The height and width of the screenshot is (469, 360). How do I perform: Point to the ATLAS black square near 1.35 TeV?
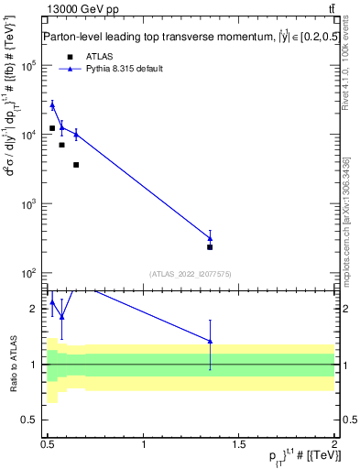pos(210,246)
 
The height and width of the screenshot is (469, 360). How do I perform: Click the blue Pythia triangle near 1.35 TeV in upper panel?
pos(210,238)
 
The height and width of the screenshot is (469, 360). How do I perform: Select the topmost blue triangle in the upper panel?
pos(52,105)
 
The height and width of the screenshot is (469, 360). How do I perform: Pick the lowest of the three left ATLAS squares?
pos(76,165)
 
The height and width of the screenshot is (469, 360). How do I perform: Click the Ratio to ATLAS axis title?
pos(12,365)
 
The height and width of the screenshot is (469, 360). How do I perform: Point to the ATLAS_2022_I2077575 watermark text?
pos(191,273)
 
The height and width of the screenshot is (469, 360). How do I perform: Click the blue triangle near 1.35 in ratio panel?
pos(210,342)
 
